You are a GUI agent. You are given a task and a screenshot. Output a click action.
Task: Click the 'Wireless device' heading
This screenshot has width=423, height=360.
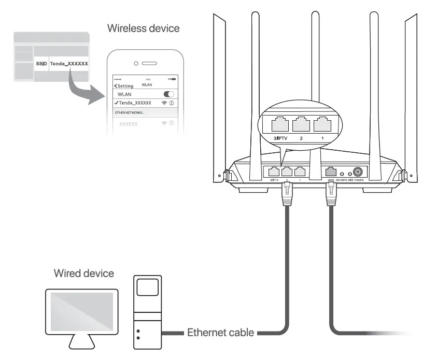coord(143,28)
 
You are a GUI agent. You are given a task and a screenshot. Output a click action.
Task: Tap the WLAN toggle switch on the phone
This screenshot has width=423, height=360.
coord(168,95)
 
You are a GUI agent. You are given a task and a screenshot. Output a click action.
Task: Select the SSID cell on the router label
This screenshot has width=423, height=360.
coord(41,64)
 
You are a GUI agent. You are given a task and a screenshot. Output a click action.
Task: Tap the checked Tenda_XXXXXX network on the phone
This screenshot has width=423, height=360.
coord(134,103)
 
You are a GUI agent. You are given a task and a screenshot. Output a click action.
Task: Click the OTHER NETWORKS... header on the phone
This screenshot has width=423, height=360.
coord(130,112)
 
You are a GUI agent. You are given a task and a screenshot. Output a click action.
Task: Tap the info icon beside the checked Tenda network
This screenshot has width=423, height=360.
coord(172,103)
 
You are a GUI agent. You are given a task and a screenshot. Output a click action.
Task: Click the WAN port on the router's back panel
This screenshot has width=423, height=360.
coord(330,172)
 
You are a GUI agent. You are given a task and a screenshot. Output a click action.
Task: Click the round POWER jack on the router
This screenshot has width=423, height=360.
coord(358,172)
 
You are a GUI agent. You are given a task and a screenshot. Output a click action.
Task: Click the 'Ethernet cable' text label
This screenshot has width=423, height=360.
coord(220,332)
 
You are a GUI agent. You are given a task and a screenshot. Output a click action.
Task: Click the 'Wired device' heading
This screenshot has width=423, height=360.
coord(84,273)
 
